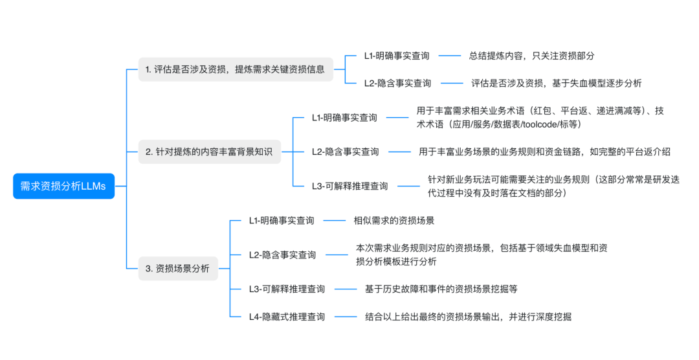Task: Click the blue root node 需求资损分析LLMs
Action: pyautogui.click(x=63, y=186)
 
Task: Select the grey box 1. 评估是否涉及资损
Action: pyautogui.click(x=236, y=69)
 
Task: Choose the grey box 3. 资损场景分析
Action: pyautogui.click(x=178, y=269)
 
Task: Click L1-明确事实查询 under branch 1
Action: pyautogui.click(x=396, y=56)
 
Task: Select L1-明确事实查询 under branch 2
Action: pyautogui.click(x=344, y=118)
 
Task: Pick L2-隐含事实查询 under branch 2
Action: pyautogui.click(x=345, y=152)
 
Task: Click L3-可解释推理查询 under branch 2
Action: pyautogui.click(x=349, y=186)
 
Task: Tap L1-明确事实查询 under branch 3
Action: pyautogui.click(x=282, y=221)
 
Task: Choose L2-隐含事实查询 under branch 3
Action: pyautogui.click(x=282, y=254)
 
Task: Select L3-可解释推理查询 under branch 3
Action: pyautogui.click(x=287, y=289)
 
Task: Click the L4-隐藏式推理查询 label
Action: pyautogui.click(x=287, y=317)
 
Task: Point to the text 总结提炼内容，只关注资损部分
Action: pyautogui.click(x=531, y=56)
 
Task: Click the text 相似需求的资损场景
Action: pyautogui.click(x=394, y=221)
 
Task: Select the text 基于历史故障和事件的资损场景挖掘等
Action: pyautogui.click(x=441, y=289)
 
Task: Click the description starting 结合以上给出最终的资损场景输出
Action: pyautogui.click(x=468, y=317)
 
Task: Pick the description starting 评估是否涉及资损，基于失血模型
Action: pyautogui.click(x=556, y=83)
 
